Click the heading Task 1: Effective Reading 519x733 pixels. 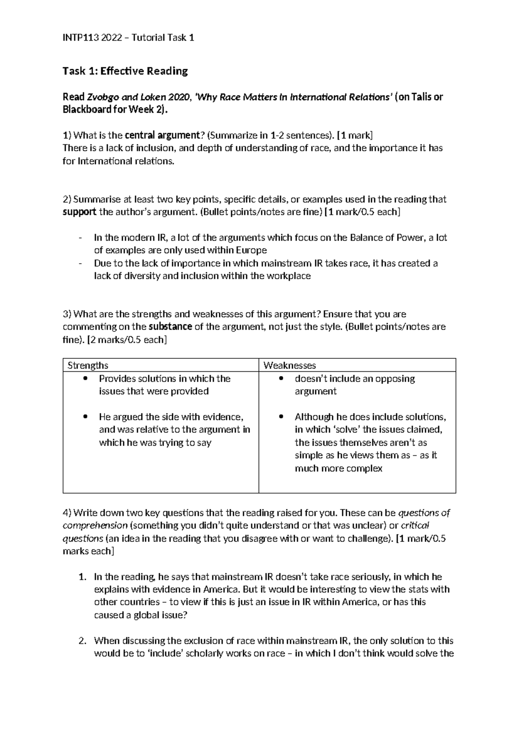tap(125, 71)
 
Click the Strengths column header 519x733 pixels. tap(88, 366)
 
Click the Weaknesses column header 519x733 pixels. tap(289, 366)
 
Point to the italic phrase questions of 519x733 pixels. tap(424, 513)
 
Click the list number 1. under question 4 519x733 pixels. tap(83, 577)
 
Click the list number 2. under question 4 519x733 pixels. tap(83, 641)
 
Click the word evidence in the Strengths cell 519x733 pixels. tap(220, 417)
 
